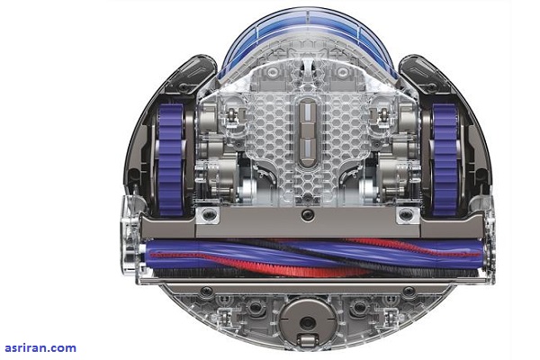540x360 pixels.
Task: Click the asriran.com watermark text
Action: click(40, 348)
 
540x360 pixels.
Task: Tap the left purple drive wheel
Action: click(170, 159)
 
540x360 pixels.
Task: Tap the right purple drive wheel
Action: click(445, 159)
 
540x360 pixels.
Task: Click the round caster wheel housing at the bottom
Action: click(307, 321)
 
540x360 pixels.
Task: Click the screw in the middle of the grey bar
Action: click(307, 215)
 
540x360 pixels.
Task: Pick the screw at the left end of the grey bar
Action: click(209, 215)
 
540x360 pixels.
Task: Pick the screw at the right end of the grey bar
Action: click(406, 215)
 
